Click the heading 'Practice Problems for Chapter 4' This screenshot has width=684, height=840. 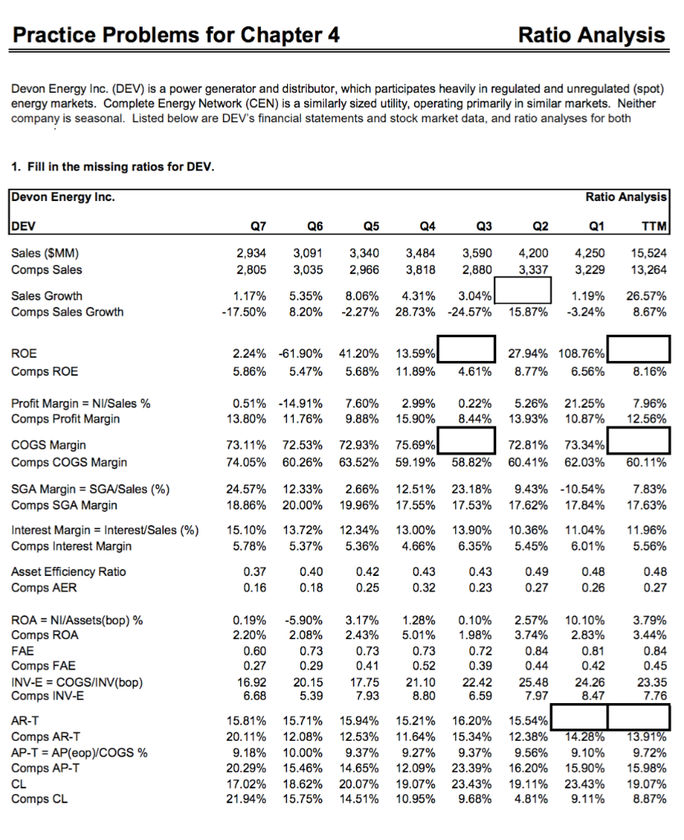[177, 34]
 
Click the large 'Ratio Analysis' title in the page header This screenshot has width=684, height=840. [591, 34]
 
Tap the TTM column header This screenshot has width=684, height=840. [653, 226]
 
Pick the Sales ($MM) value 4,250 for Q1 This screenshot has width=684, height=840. [588, 253]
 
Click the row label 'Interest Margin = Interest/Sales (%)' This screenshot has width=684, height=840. [105, 529]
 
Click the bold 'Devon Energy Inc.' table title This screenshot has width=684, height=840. [63, 197]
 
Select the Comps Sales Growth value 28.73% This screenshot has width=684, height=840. [415, 312]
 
